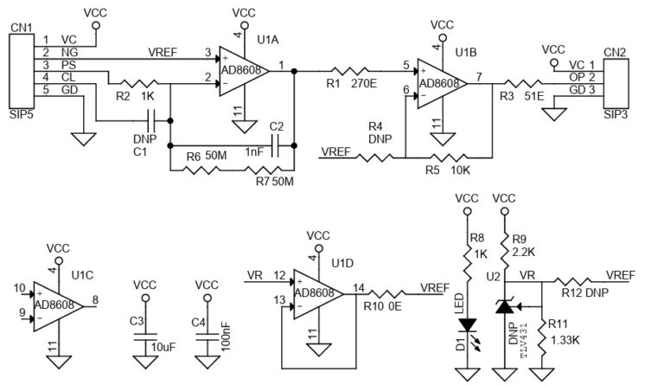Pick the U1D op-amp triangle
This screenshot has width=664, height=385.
coord(316,292)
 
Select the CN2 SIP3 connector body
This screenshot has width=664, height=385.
coord(613,78)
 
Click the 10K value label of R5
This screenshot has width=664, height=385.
coord(460,170)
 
